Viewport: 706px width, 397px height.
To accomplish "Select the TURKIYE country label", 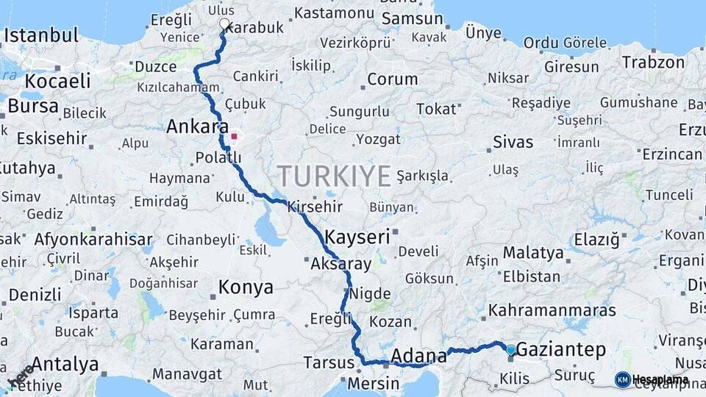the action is tap(334, 177).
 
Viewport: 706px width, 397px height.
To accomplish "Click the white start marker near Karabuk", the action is tap(224, 24).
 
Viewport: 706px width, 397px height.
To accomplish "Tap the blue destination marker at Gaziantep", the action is tap(511, 349).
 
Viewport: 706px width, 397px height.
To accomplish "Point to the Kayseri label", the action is tap(357, 237).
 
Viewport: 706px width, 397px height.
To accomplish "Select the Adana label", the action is tap(418, 357).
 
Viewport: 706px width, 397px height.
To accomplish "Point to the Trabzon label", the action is tap(653, 62).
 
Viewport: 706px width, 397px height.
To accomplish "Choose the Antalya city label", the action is tap(65, 364).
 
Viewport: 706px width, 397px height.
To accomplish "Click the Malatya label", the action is tap(533, 253).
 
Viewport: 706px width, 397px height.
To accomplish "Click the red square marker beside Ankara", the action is tap(234, 136).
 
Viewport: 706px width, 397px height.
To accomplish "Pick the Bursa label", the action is tap(33, 106).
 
